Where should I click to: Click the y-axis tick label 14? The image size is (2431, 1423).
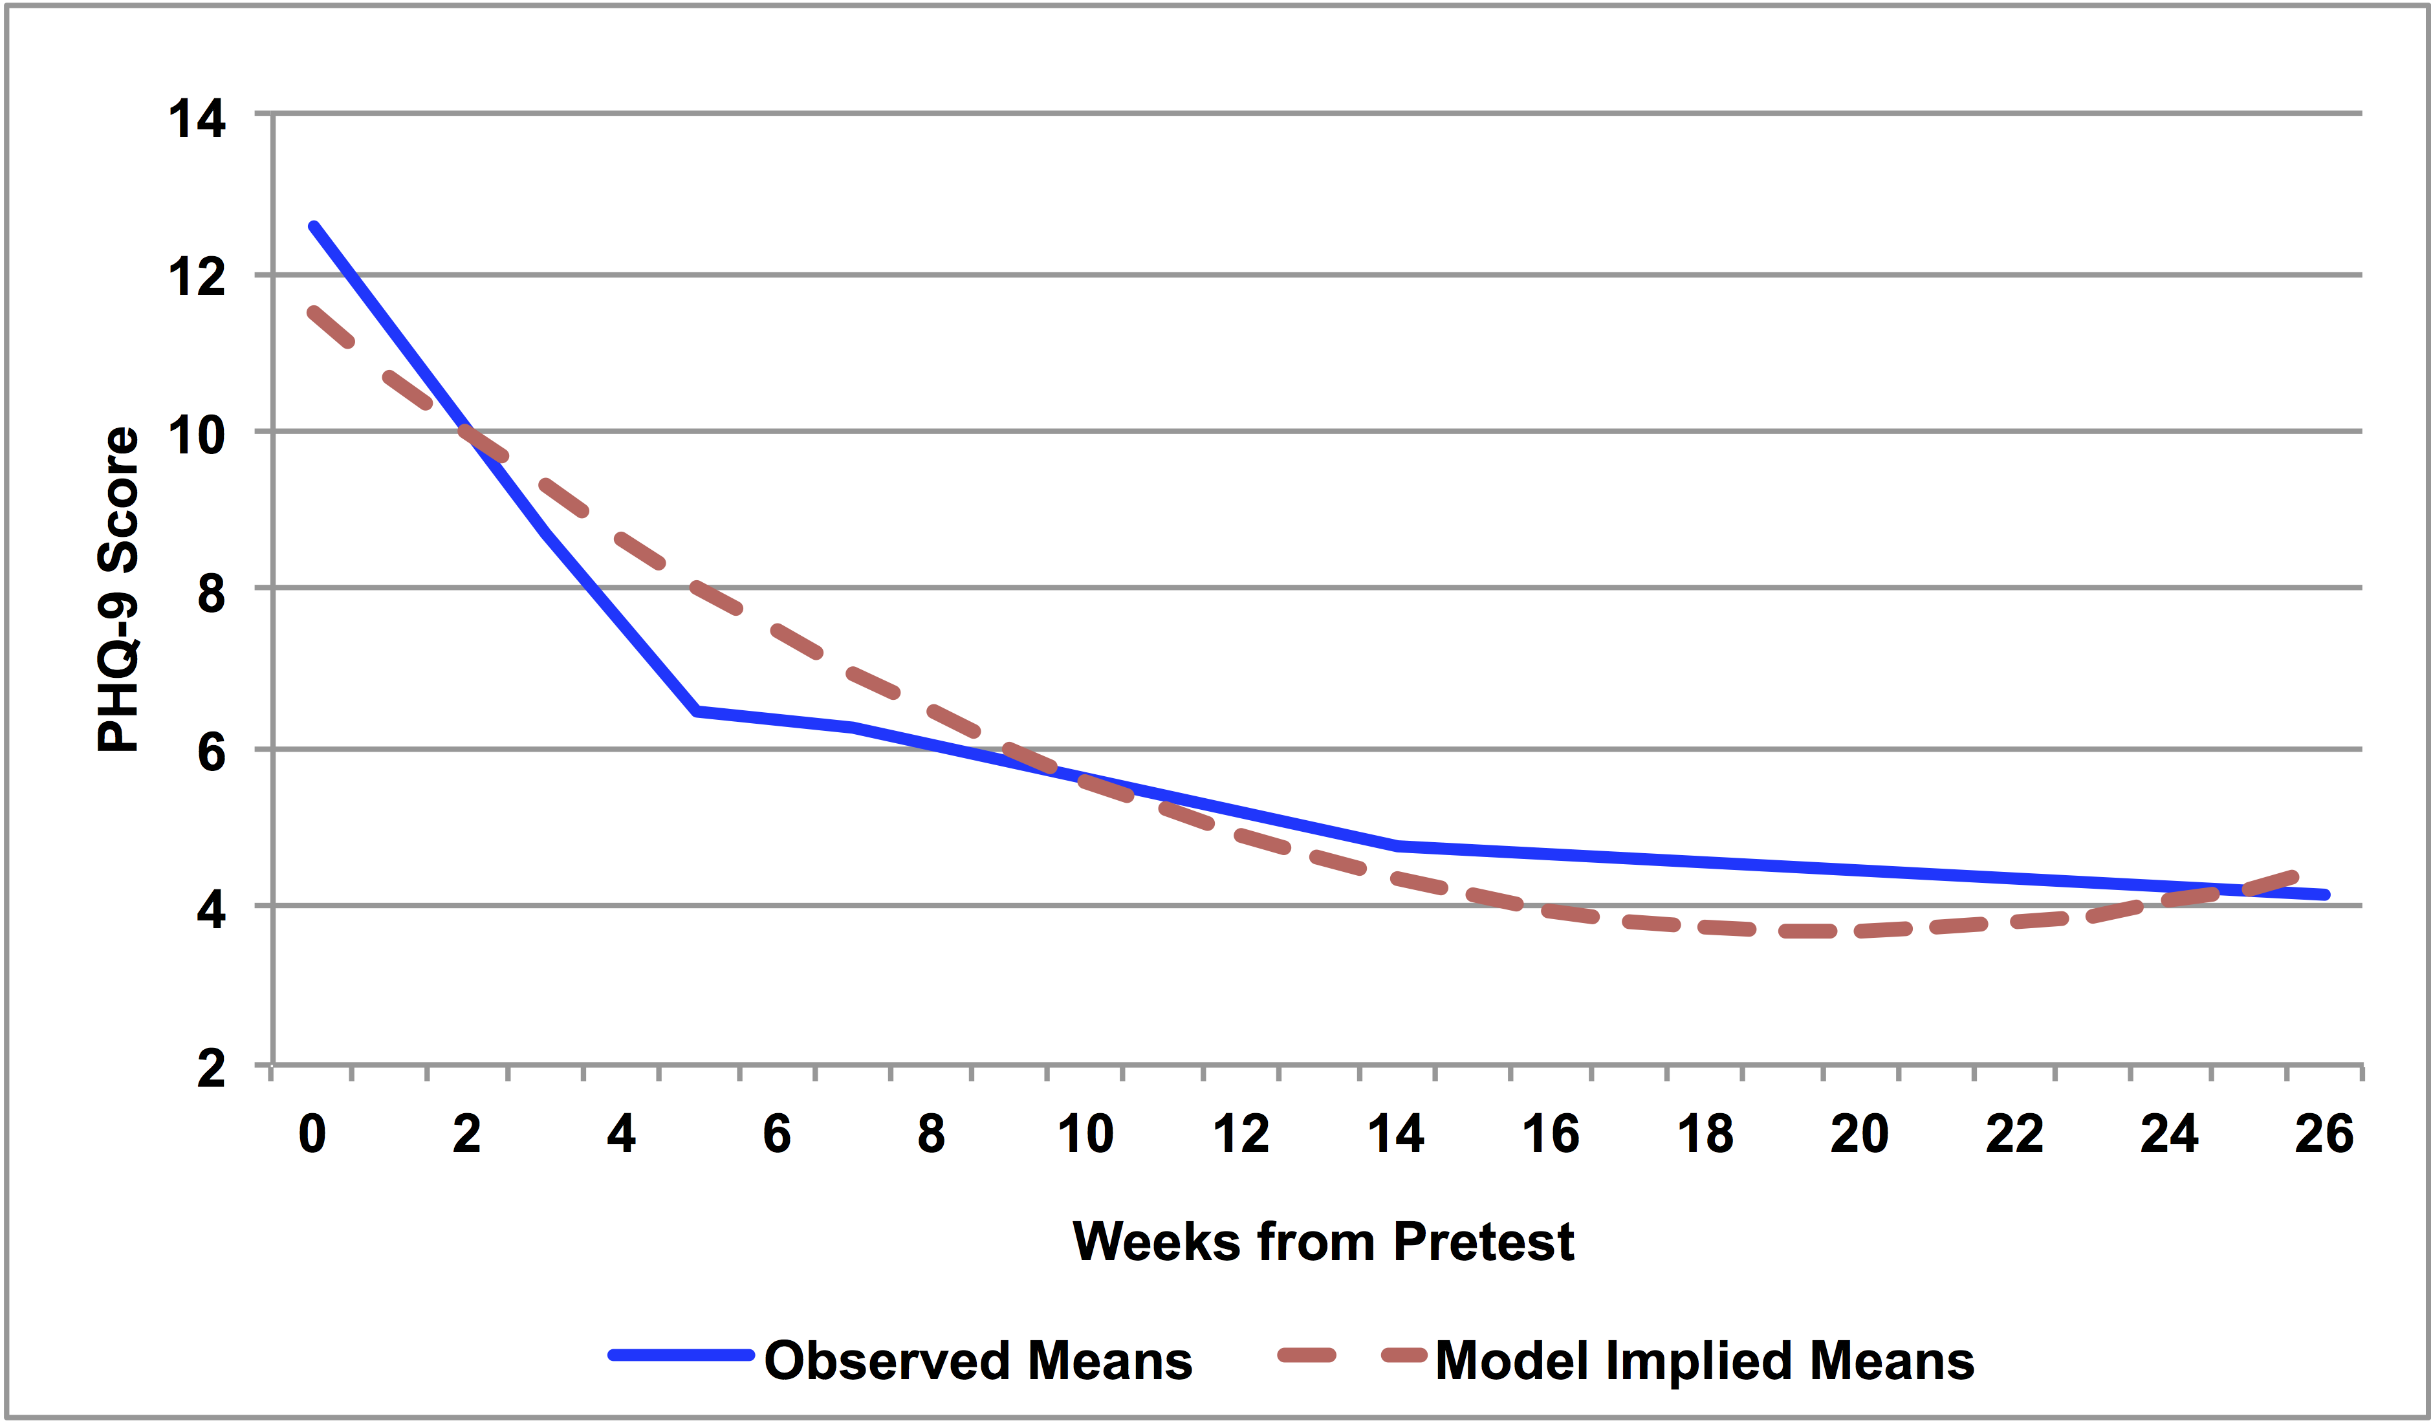pos(197,120)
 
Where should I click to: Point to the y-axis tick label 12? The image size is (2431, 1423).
pos(197,278)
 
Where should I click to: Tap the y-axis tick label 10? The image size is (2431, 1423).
pos(197,436)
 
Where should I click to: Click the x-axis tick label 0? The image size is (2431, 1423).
pos(312,1135)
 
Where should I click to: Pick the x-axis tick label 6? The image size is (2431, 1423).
pos(776,1135)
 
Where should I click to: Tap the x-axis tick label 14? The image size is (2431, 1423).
pos(1396,1135)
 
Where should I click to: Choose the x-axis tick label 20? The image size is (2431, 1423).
pos(1860,1135)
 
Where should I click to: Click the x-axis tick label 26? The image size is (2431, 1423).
pos(2324,1135)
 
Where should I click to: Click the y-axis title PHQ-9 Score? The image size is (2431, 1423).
pos(118,589)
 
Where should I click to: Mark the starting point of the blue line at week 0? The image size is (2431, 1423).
pos(314,227)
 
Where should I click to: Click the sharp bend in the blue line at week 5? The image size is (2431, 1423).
pos(697,711)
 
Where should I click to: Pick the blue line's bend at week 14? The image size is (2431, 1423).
pos(1398,846)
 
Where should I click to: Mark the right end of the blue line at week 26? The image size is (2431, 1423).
pos(2326,895)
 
